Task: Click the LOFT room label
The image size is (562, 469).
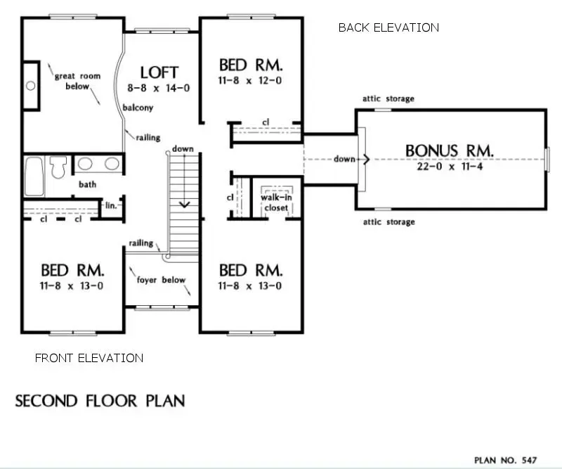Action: (x=159, y=72)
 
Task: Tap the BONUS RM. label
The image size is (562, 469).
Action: (x=450, y=150)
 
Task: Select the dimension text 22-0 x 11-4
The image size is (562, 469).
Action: (x=450, y=167)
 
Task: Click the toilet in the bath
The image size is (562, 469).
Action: (x=58, y=166)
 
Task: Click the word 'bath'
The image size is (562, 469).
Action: (x=87, y=185)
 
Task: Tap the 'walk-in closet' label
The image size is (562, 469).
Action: (x=276, y=203)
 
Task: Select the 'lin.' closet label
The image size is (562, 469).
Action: (x=110, y=206)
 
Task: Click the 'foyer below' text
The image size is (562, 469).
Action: (x=161, y=280)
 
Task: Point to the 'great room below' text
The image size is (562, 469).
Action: (x=77, y=81)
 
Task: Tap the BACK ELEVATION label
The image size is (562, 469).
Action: (x=388, y=27)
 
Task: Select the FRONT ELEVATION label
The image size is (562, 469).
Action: (x=89, y=358)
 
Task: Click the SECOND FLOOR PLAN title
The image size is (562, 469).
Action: (x=100, y=401)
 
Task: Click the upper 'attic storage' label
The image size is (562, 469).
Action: (x=388, y=98)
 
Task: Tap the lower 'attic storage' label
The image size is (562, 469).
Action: (x=388, y=222)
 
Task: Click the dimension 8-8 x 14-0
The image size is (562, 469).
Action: (x=159, y=88)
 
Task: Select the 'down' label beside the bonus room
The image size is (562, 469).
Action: (x=344, y=159)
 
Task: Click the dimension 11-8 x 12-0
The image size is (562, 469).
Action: (x=251, y=80)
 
